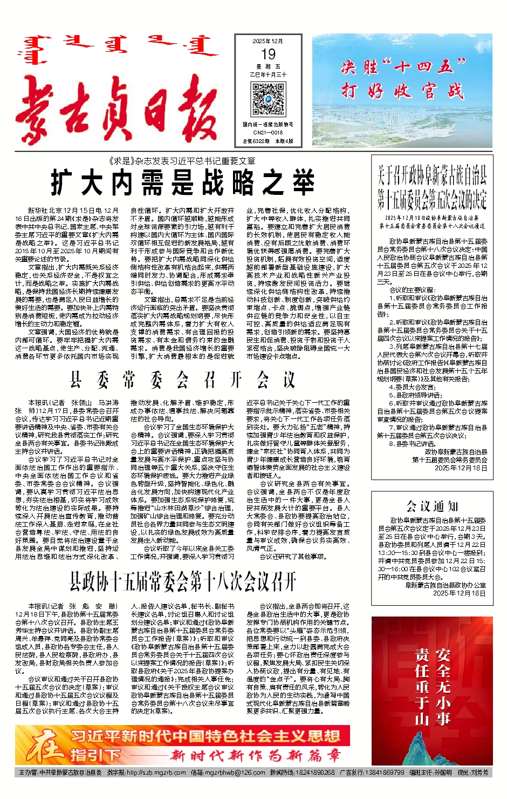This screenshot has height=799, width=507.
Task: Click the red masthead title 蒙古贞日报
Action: pyautogui.click(x=117, y=112)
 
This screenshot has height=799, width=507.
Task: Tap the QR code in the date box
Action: pyautogui.click(x=269, y=100)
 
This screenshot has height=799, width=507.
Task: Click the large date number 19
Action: pyautogui.click(x=268, y=54)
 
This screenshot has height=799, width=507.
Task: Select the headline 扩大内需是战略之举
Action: pyautogui.click(x=183, y=182)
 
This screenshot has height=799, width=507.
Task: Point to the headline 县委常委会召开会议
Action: pyautogui.click(x=183, y=380)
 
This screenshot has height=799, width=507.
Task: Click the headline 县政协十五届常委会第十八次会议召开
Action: pyautogui.click(x=183, y=581)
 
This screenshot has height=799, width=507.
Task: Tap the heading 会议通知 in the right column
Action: pyautogui.click(x=432, y=506)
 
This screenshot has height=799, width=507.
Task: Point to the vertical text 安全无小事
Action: pyautogui.click(x=443, y=686)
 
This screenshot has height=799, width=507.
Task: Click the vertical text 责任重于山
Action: pyautogui.click(x=422, y=686)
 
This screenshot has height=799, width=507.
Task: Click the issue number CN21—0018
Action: pyautogui.click(x=268, y=132)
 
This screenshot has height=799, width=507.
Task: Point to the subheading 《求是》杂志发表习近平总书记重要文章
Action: pyautogui.click(x=182, y=161)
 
